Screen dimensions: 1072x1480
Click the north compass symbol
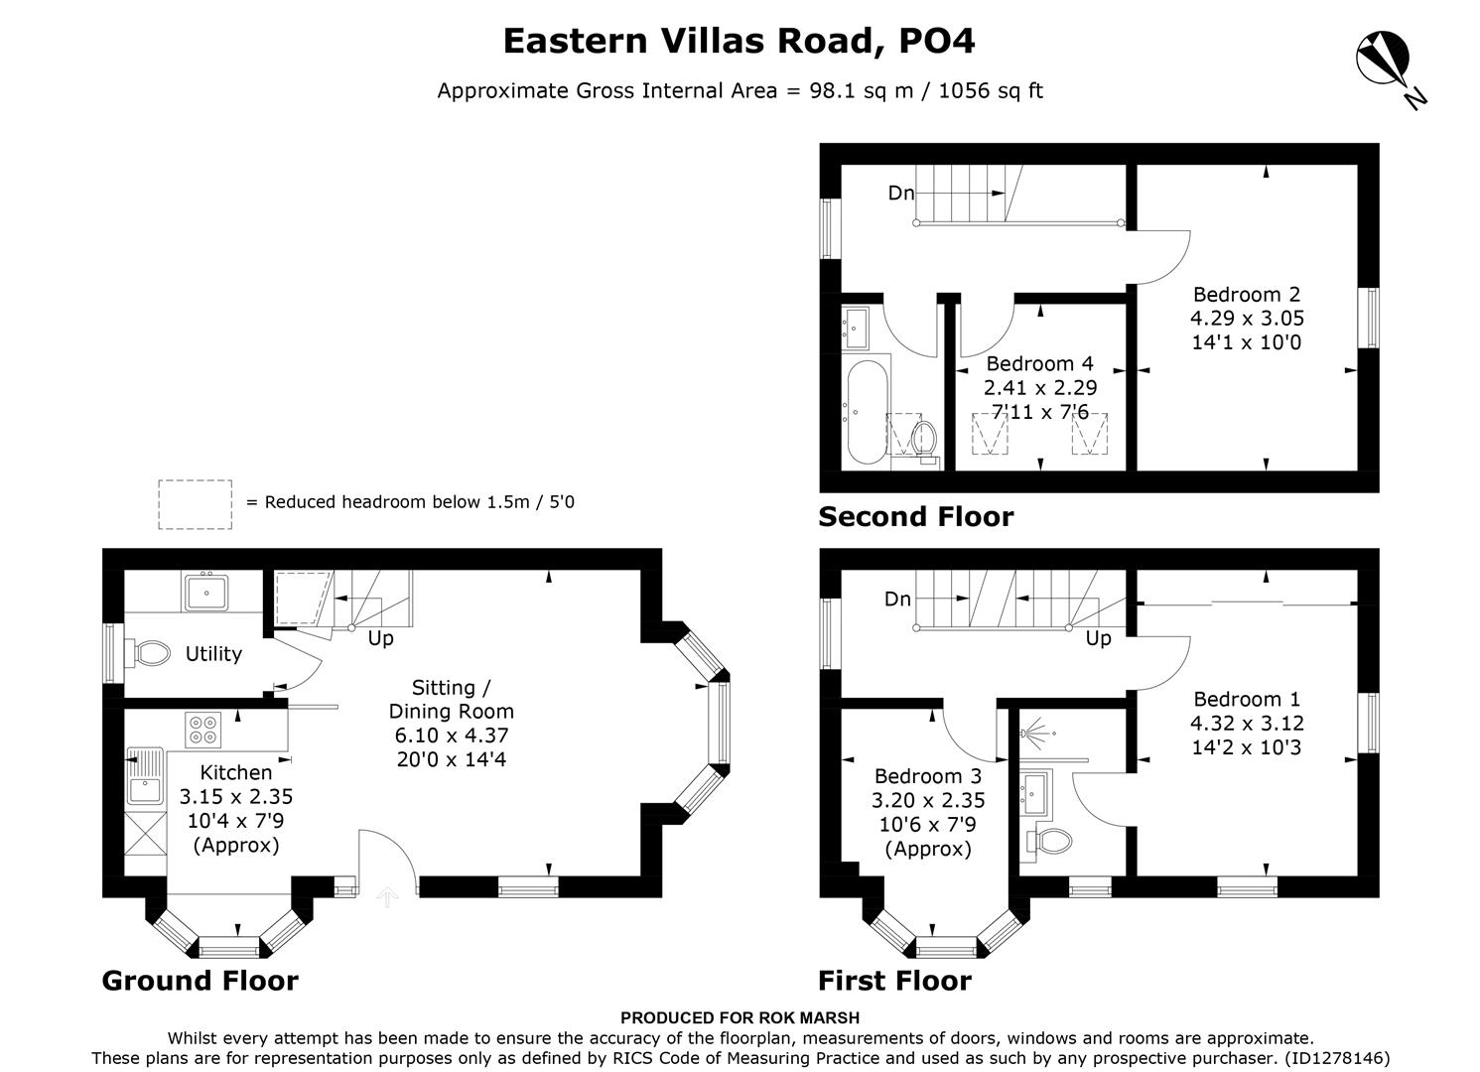click(1385, 62)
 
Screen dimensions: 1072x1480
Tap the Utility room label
click(213, 654)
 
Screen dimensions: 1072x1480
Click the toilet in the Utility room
click(150, 653)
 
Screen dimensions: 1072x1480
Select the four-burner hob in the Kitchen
click(203, 730)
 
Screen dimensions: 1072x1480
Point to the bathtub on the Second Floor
click(866, 412)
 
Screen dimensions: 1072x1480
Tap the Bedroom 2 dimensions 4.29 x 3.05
click(1247, 319)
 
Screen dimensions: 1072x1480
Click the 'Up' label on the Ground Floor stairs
click(381, 639)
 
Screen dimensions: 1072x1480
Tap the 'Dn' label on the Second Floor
click(900, 194)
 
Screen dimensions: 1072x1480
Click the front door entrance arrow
click(387, 897)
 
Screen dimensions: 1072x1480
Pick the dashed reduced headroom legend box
click(195, 504)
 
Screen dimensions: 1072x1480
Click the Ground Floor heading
click(200, 981)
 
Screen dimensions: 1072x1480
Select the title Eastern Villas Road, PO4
click(740, 41)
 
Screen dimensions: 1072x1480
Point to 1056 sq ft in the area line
click(990, 91)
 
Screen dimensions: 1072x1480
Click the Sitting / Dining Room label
click(451, 699)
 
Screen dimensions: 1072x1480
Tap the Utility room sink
click(206, 594)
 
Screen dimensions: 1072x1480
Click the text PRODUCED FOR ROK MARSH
click(740, 1017)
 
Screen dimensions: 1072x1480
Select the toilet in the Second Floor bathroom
click(924, 437)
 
